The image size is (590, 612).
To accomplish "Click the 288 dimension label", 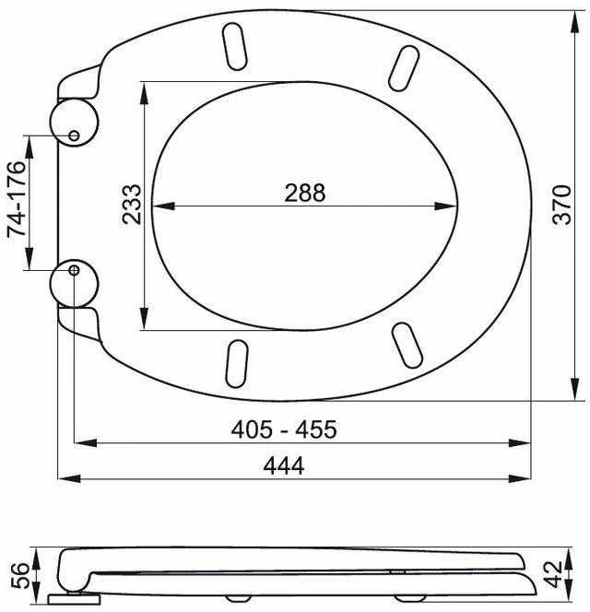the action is pyautogui.click(x=304, y=193).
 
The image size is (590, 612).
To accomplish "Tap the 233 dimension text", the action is pyautogui.click(x=131, y=205).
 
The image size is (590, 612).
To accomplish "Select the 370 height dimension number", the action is pyautogui.click(x=562, y=205).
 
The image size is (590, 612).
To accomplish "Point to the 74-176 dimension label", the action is pyautogui.click(x=17, y=199).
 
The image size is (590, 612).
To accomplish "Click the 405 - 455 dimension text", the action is pyautogui.click(x=284, y=430).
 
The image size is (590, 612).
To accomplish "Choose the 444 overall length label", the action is pyautogui.click(x=284, y=465).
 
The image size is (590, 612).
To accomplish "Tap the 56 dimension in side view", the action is pyautogui.click(x=19, y=575).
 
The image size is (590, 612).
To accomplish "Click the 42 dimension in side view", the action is pyautogui.click(x=553, y=574).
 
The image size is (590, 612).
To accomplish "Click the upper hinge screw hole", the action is pyautogui.click(x=74, y=135).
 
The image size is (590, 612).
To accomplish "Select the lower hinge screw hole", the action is pyautogui.click(x=74, y=270).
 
